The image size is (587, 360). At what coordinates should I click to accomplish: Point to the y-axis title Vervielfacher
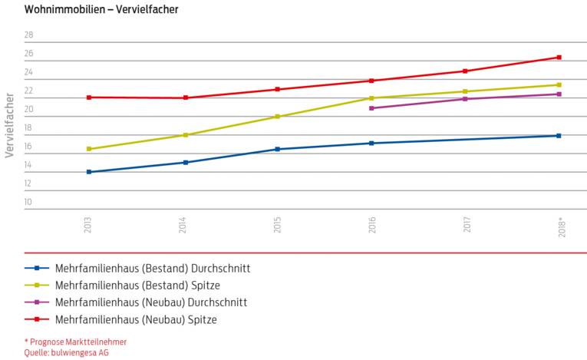pos(9,125)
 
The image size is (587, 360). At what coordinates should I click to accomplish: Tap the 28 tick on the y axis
pos(28,35)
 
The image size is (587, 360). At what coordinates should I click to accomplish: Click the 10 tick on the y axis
pos(28,203)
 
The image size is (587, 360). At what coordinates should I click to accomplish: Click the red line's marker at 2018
pos(559,58)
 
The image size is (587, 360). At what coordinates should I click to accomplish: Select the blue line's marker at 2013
pos(89,172)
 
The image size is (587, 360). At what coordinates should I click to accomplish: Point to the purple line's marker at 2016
pos(371,108)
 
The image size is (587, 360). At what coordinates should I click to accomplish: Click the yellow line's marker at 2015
pos(277,117)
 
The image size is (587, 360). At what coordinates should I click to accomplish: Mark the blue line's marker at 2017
pos(465,139)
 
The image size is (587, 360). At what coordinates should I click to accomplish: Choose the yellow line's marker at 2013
pos(89,149)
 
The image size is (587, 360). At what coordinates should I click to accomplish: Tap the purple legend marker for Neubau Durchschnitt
pos(38,302)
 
